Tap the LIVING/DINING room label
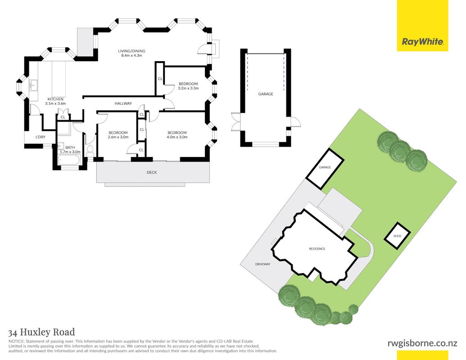click(x=131, y=51)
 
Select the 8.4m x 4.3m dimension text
click(x=131, y=55)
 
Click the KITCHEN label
click(x=55, y=99)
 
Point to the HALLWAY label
click(x=123, y=103)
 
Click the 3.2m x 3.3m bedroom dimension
click(x=188, y=88)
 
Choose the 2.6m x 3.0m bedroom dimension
click(x=118, y=137)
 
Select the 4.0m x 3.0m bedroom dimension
click(x=177, y=137)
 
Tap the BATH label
click(x=70, y=147)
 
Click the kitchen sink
click(x=33, y=85)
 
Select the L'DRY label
click(x=41, y=137)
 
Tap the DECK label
click(x=152, y=172)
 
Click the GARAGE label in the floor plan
click(x=265, y=94)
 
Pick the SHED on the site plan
click(x=398, y=236)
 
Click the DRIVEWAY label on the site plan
click(x=263, y=264)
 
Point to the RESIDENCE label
click(x=317, y=248)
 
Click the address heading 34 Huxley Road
click(x=41, y=332)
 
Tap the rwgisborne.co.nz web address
click(x=422, y=343)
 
